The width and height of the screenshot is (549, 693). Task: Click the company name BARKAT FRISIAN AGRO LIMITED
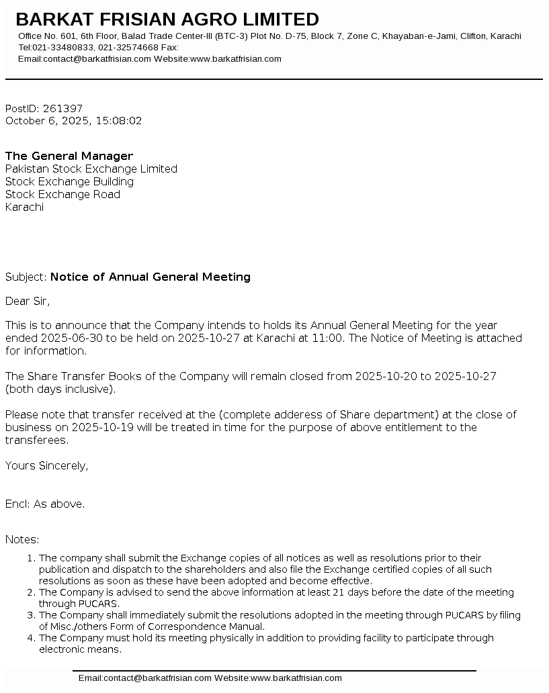point(167,19)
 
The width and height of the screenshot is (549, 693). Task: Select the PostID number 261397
point(62,108)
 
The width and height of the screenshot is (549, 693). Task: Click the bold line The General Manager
point(69,156)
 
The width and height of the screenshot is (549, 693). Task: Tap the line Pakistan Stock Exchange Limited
point(91,169)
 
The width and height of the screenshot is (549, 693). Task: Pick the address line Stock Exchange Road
point(62,194)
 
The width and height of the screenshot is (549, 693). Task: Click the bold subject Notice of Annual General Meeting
point(151,277)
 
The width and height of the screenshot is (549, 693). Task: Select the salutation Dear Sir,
point(28,301)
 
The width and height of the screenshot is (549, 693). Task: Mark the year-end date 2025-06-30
point(71,338)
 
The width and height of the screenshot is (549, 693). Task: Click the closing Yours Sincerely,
point(46,465)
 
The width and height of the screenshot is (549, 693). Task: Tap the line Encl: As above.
point(45,503)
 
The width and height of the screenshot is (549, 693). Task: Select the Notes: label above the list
point(22,539)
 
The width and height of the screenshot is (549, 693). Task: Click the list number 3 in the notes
point(30,615)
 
